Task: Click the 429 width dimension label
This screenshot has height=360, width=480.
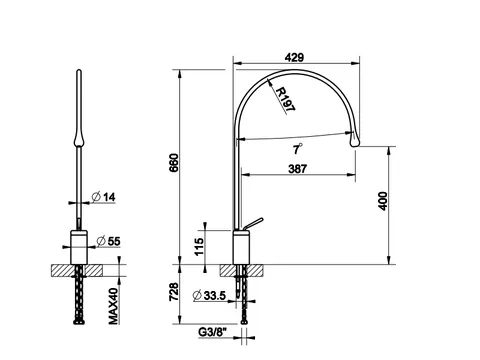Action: point(294,57)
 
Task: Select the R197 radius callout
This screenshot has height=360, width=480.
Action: point(286,99)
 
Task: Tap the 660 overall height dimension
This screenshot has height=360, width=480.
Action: point(174,163)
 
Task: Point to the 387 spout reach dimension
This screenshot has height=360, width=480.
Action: point(297,169)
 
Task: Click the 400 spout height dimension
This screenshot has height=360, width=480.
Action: point(383,201)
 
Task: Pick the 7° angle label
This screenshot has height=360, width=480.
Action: point(297,149)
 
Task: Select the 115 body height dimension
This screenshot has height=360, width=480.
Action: point(199,247)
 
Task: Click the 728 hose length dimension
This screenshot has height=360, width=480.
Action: point(174,292)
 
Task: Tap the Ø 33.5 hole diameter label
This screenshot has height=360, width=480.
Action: point(210,295)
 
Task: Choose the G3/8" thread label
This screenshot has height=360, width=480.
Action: point(212,332)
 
